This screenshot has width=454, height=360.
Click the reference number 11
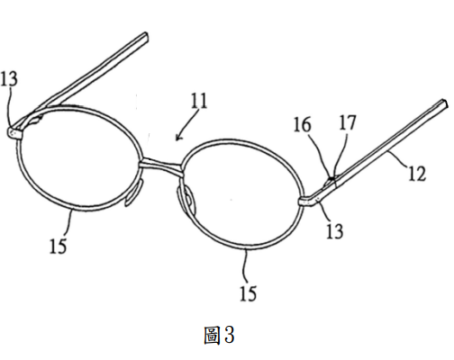tap(199, 101)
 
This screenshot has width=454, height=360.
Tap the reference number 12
tap(417, 174)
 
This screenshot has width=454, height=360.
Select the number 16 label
tap(302, 125)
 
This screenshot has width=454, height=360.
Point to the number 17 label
tap(348, 122)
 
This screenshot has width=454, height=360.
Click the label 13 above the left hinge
tap(9, 79)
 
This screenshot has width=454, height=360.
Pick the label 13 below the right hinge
tap(334, 231)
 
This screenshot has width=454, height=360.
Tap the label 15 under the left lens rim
tap(58, 247)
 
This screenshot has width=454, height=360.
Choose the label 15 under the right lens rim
tap(249, 293)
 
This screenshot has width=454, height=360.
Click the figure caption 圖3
tap(220, 335)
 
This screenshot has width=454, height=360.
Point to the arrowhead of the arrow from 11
tap(177, 139)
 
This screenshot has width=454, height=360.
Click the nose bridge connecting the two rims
tap(160, 166)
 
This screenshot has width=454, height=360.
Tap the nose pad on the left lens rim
tap(133, 193)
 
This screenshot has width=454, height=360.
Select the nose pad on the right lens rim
tap(186, 201)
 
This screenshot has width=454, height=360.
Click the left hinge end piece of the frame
tap(14, 133)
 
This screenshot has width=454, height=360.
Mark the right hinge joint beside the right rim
tap(307, 202)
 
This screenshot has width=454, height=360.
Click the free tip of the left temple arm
tap(146, 35)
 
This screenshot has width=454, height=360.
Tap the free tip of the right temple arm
tap(446, 103)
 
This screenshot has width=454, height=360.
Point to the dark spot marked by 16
tap(331, 179)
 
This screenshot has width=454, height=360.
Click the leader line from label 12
tap(398, 159)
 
